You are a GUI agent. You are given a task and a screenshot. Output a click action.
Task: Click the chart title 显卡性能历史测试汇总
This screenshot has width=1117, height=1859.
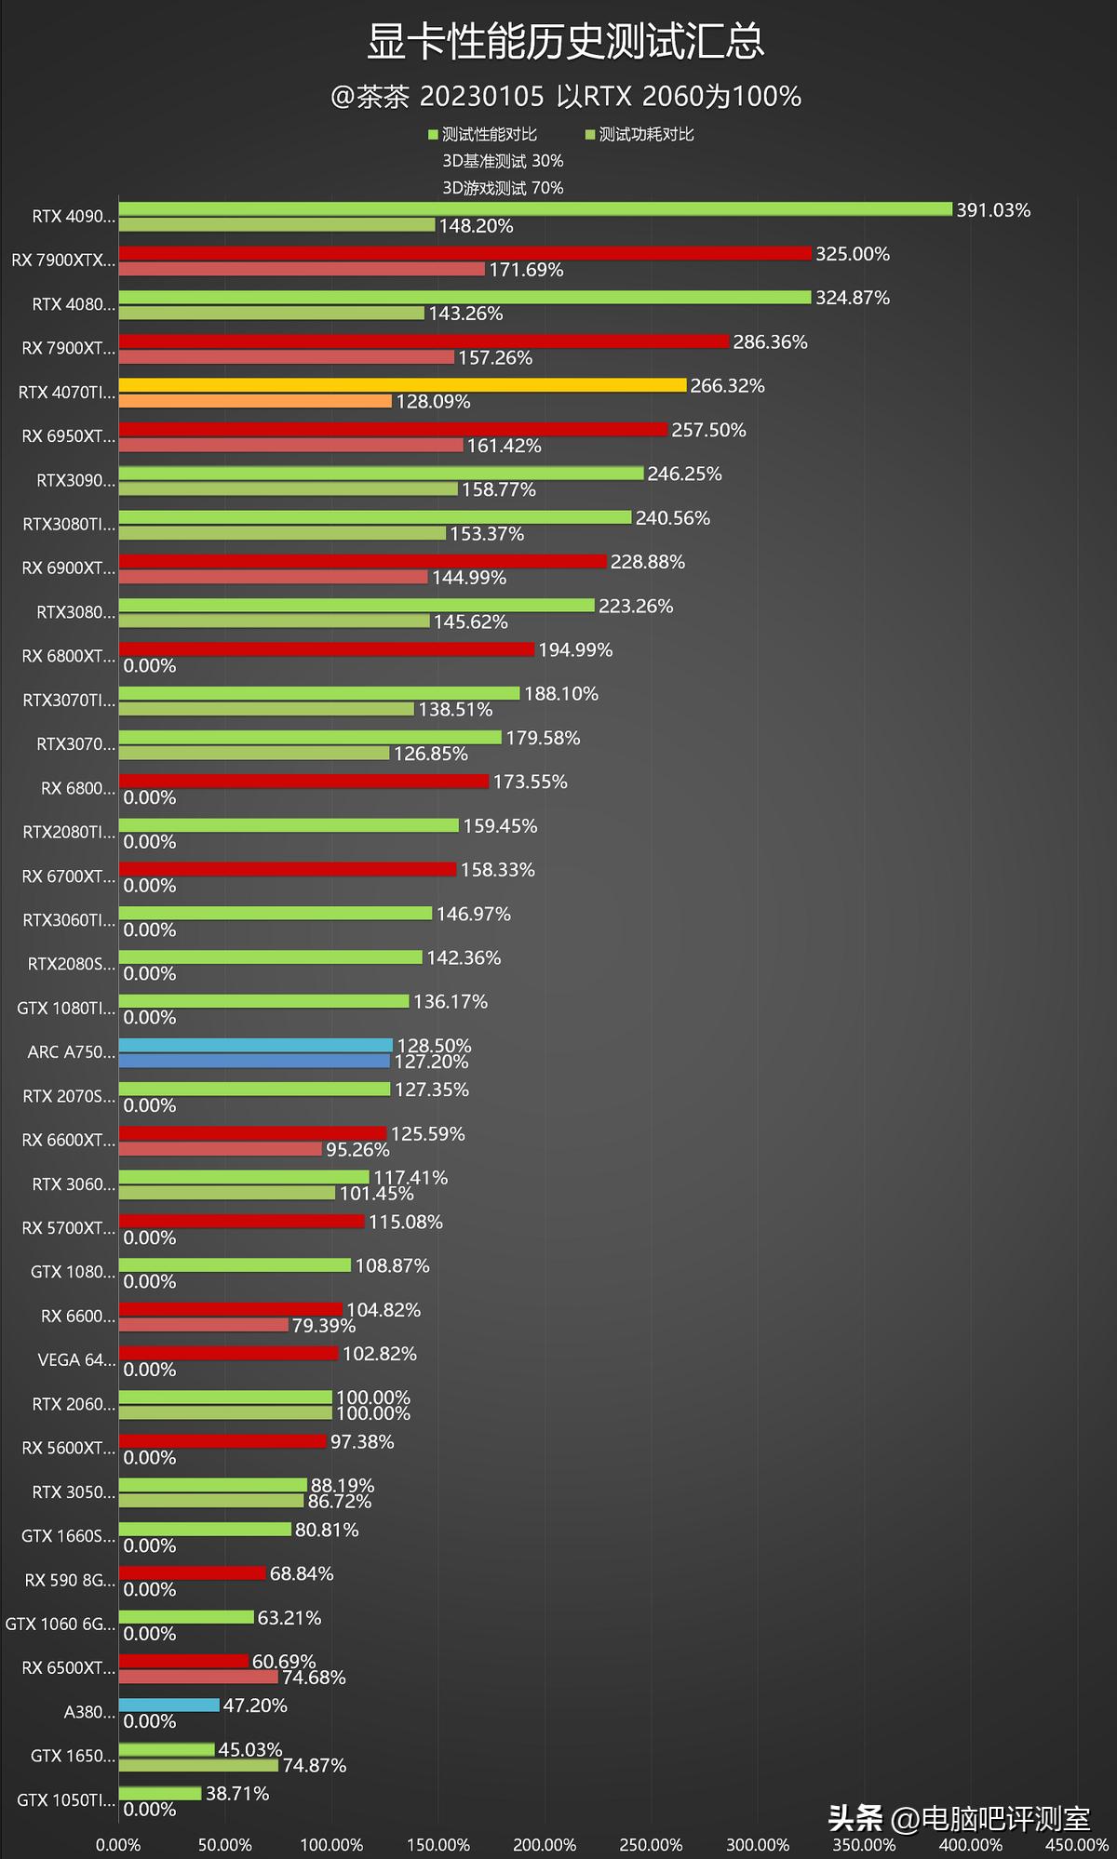(x=566, y=43)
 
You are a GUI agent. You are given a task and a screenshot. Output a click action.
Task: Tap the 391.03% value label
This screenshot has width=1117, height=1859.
(x=993, y=210)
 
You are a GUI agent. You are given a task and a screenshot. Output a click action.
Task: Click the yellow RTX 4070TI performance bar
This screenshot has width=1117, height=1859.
(x=402, y=385)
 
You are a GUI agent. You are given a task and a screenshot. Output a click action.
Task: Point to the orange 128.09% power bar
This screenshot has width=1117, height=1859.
(x=255, y=401)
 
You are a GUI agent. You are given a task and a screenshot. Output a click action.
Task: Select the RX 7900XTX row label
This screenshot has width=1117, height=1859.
(x=63, y=261)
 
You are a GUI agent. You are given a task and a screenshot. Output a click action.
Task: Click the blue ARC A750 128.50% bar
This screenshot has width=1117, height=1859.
(x=255, y=1045)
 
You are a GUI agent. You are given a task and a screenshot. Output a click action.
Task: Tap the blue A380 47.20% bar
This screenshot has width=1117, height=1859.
(x=169, y=1705)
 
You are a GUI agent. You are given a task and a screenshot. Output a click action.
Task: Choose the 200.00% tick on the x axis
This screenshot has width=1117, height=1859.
(x=545, y=1844)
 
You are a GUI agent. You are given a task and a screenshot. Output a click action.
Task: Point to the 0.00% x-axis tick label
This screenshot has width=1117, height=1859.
(x=118, y=1844)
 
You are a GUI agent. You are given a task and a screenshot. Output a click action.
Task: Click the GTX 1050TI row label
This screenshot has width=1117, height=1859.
(x=66, y=1800)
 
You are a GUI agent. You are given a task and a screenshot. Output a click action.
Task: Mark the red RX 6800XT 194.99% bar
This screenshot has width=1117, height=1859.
(x=326, y=649)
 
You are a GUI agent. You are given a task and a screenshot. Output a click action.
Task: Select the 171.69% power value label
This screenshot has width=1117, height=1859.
(x=526, y=270)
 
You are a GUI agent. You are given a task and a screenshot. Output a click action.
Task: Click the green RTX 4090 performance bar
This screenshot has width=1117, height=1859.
(x=535, y=209)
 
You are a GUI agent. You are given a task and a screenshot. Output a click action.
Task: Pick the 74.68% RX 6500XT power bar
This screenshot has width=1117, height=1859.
(x=198, y=1677)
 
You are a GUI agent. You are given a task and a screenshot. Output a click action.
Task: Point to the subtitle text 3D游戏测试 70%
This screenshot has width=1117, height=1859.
(x=503, y=188)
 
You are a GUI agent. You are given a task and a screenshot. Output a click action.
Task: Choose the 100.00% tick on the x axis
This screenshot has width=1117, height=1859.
(x=331, y=1844)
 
